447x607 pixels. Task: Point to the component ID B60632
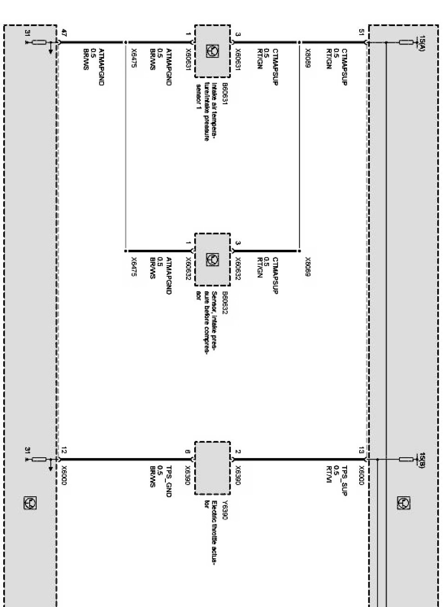(x=225, y=303)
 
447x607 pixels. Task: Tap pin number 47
(x=64, y=32)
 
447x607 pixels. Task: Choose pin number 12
(x=64, y=450)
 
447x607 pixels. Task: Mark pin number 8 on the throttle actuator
(x=187, y=451)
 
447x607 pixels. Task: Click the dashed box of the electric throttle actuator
(x=212, y=468)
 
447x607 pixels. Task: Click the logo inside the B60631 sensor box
(x=212, y=51)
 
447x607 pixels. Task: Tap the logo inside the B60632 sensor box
(x=212, y=260)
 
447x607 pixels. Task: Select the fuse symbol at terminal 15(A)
(x=406, y=42)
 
